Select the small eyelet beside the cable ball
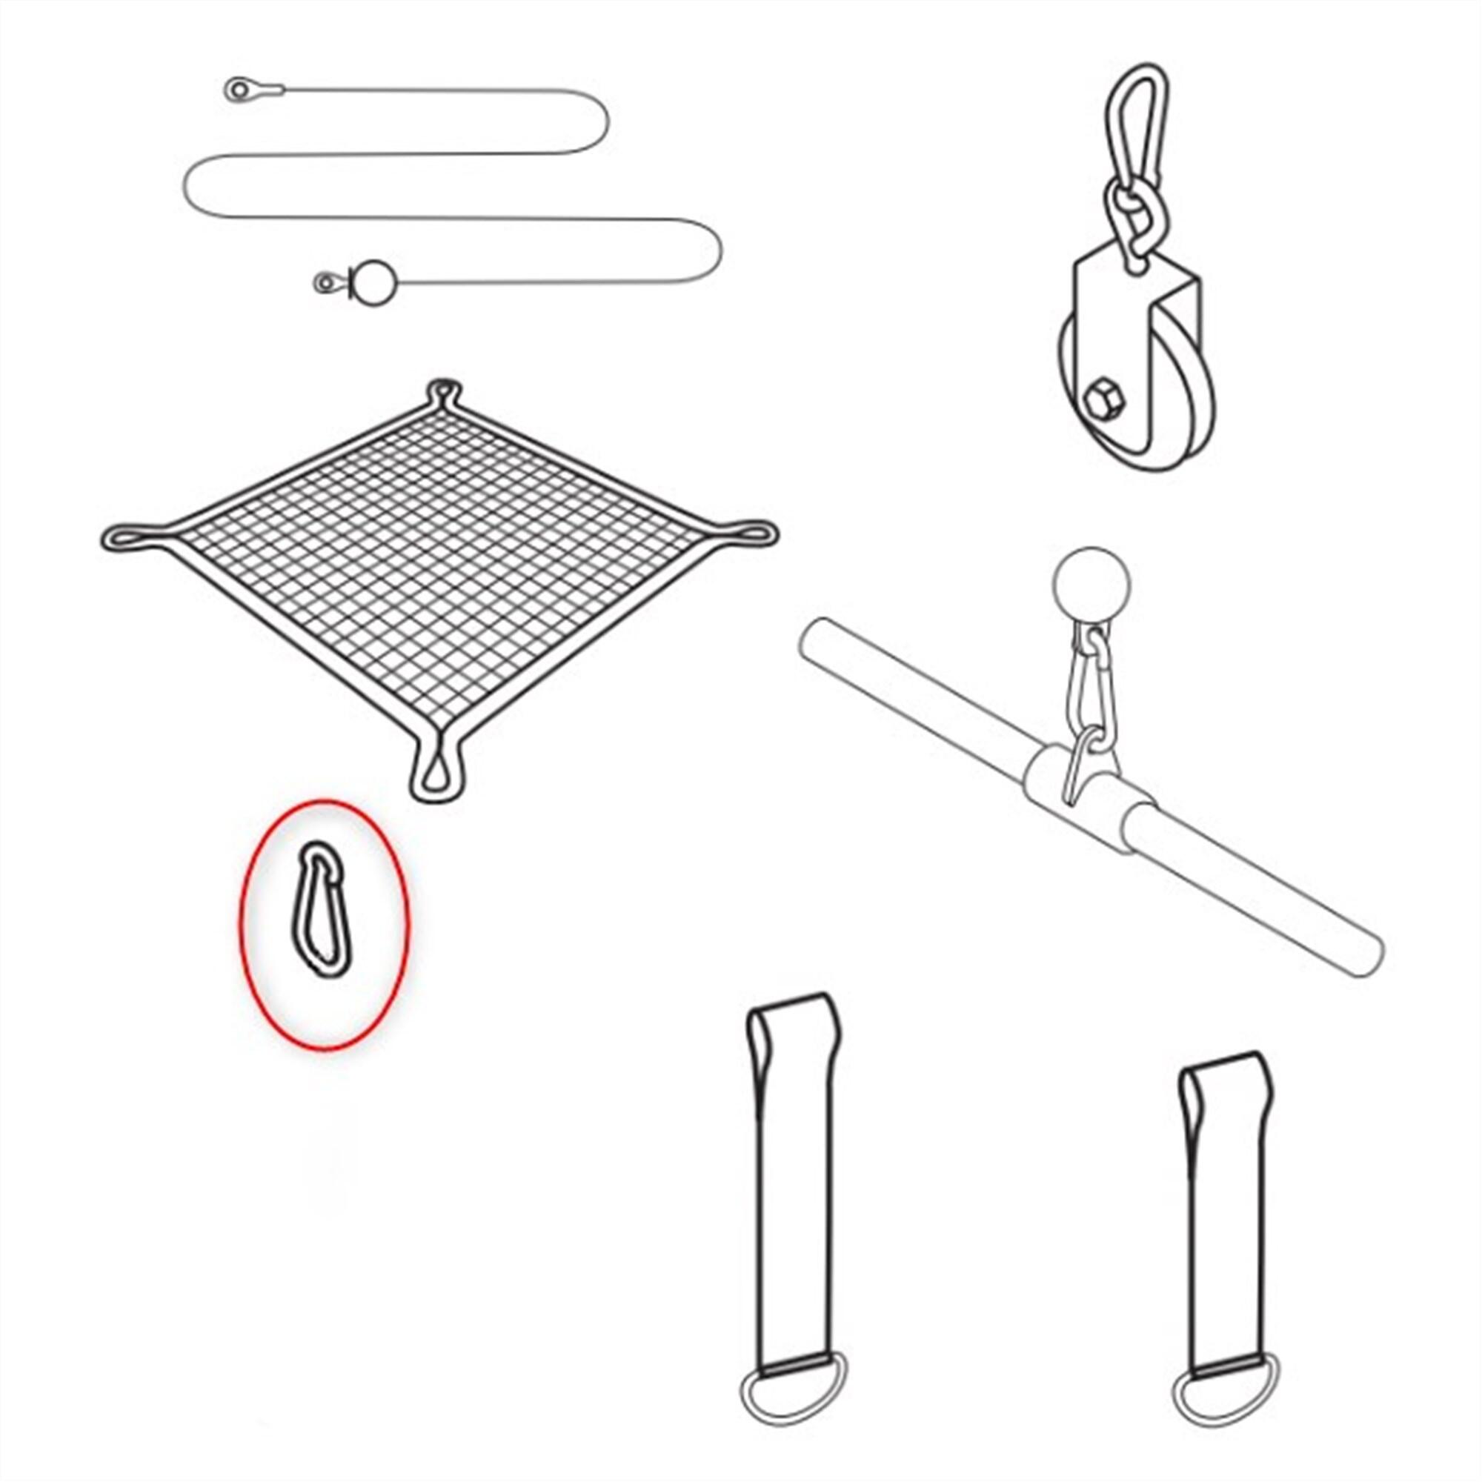pos(327,284)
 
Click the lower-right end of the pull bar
pos(1367,956)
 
